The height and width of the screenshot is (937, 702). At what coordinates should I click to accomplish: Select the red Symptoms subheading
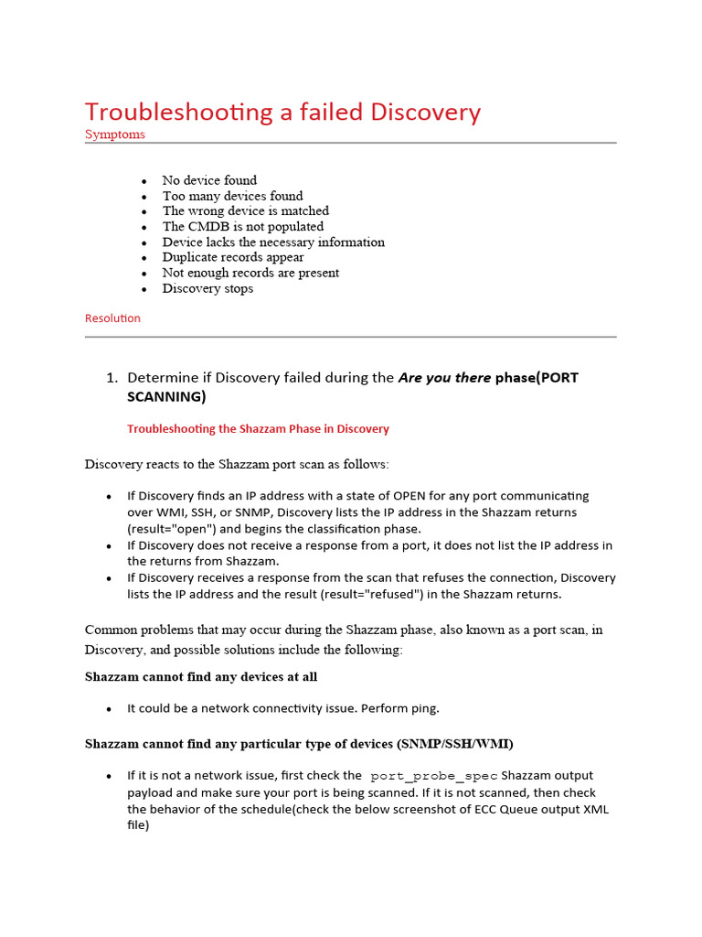[114, 135]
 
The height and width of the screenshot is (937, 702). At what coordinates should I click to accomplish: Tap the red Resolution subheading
[112, 318]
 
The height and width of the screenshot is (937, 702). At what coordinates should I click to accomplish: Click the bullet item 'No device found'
[209, 180]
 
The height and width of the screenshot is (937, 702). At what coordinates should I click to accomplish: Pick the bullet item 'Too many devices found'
[232, 196]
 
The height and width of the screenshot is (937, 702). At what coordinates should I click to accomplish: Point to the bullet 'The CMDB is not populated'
[242, 226]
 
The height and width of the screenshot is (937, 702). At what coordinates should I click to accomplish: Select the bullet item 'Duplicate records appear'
[233, 257]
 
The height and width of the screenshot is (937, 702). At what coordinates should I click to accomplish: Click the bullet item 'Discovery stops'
[207, 288]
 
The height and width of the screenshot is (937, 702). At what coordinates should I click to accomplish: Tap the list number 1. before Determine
[112, 378]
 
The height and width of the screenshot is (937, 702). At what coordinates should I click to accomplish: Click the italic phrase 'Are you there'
[444, 378]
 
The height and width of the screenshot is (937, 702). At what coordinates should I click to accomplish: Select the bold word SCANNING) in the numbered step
[166, 396]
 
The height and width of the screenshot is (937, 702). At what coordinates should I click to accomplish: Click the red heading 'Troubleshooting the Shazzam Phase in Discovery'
[258, 428]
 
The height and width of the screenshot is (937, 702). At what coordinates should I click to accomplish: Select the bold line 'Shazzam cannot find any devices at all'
[201, 677]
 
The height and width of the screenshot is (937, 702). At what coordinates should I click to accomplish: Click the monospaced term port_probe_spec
[433, 776]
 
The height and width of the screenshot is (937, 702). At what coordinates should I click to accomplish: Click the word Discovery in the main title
[425, 112]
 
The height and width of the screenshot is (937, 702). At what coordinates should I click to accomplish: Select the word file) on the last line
[138, 825]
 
